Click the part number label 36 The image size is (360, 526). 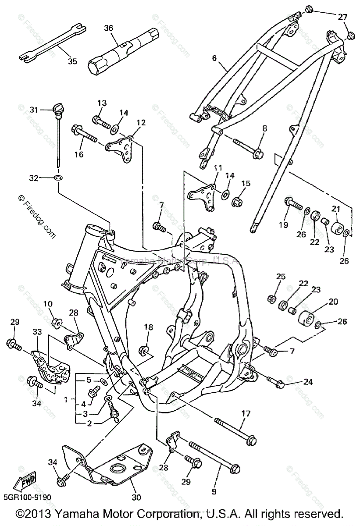(x=108, y=28)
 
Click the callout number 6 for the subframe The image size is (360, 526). (x=214, y=57)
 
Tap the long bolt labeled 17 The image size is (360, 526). (x=237, y=430)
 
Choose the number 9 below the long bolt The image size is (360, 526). (x=214, y=492)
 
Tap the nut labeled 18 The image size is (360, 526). (x=145, y=349)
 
